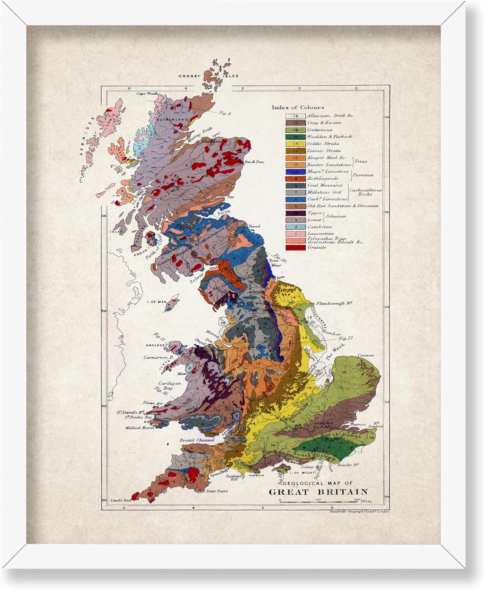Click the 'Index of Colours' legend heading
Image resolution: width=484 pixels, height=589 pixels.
pos(298,107)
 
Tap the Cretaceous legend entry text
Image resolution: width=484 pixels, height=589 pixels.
pos(320,130)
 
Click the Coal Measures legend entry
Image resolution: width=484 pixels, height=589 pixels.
pos(325,185)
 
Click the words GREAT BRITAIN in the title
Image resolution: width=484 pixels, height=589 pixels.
pos(318,492)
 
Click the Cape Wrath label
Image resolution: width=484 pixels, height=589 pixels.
pos(146,94)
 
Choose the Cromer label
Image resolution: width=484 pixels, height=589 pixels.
pos(365,355)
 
